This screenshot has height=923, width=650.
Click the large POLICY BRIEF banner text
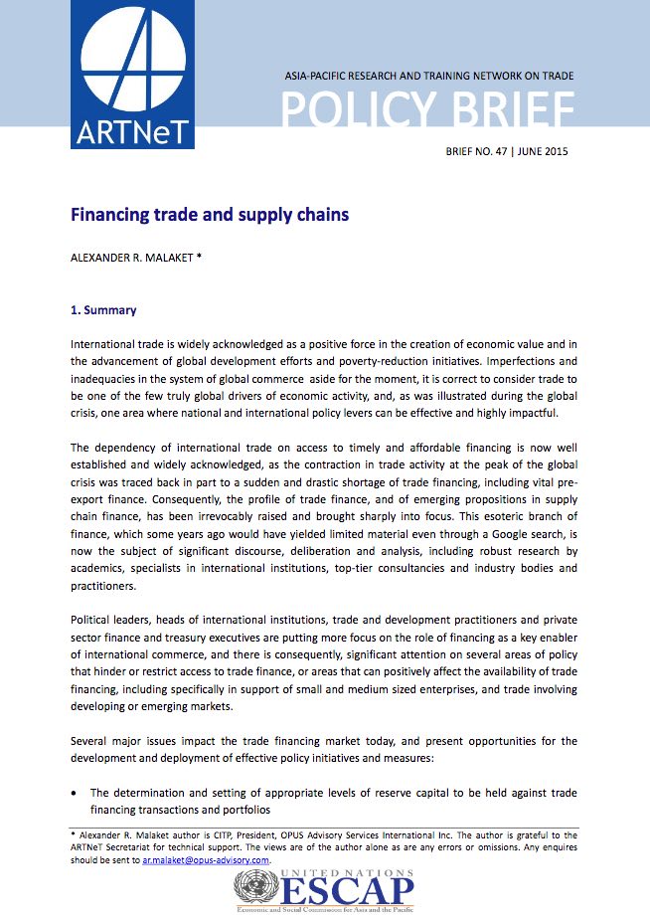point(427,110)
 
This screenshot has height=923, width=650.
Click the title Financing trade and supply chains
point(209,214)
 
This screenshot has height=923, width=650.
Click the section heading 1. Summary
point(103,310)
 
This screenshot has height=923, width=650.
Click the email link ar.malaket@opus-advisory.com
point(206,859)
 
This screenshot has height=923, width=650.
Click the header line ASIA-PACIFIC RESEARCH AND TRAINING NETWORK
point(428,76)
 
